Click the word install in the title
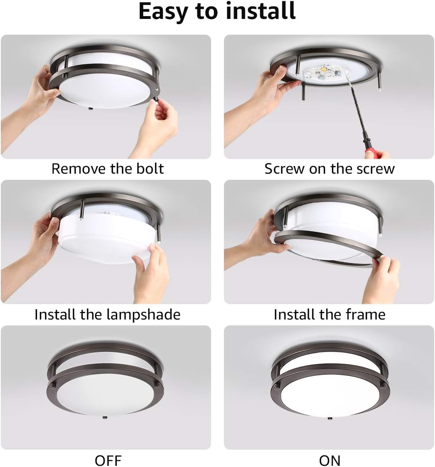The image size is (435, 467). coord(261,11)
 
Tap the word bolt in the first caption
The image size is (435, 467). coord(150,168)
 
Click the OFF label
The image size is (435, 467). coord(108,460)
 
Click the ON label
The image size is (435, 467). coord(329,460)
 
